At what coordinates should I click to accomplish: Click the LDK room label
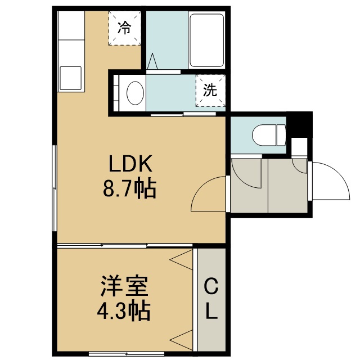click(130, 164)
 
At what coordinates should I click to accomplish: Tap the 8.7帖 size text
click(130, 190)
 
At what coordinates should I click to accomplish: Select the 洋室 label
click(124, 286)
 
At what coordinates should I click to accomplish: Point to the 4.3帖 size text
click(124, 312)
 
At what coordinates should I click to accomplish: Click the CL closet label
click(211, 299)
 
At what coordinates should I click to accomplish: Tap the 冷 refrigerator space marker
click(125, 28)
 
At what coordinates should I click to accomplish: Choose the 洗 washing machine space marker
click(210, 90)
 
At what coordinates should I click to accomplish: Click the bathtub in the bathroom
click(206, 40)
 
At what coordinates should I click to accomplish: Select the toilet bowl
click(269, 135)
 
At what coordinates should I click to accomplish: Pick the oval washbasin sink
click(135, 93)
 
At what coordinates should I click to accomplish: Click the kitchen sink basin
click(70, 78)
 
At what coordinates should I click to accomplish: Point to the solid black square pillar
click(299, 125)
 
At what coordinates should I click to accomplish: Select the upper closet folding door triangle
click(181, 260)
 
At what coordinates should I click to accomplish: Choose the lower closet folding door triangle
click(181, 340)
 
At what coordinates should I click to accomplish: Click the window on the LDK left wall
click(55, 188)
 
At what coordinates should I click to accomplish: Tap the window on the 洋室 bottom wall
click(127, 353)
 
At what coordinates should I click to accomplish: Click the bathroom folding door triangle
click(152, 61)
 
